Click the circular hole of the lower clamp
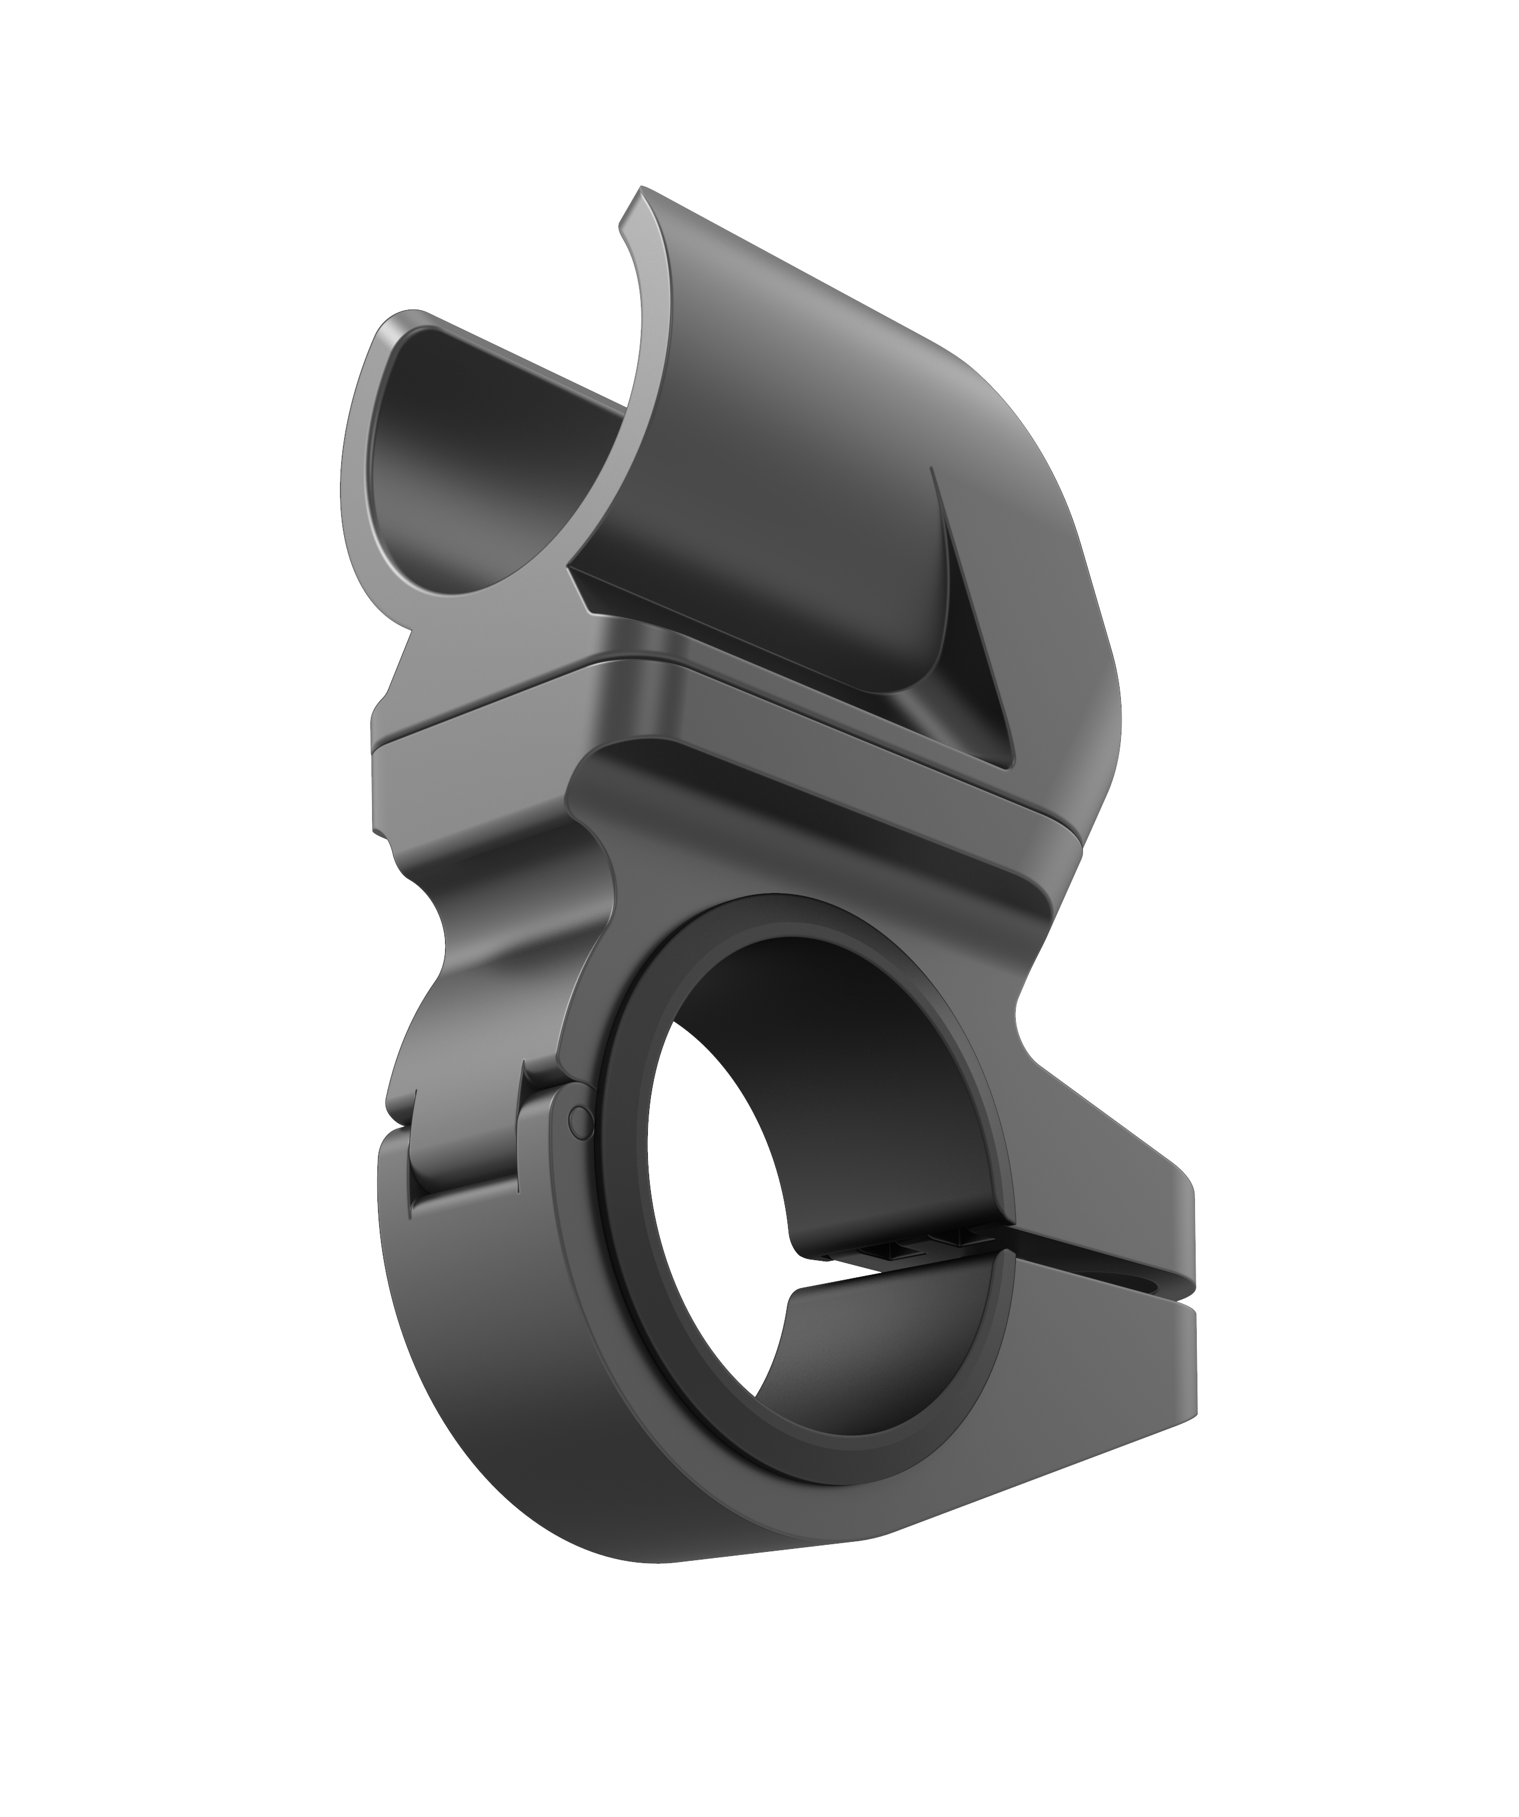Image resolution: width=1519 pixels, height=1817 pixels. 805,1194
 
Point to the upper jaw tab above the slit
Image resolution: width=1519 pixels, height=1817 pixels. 1125,1212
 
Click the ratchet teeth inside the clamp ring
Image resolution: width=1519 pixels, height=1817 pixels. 917,1248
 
